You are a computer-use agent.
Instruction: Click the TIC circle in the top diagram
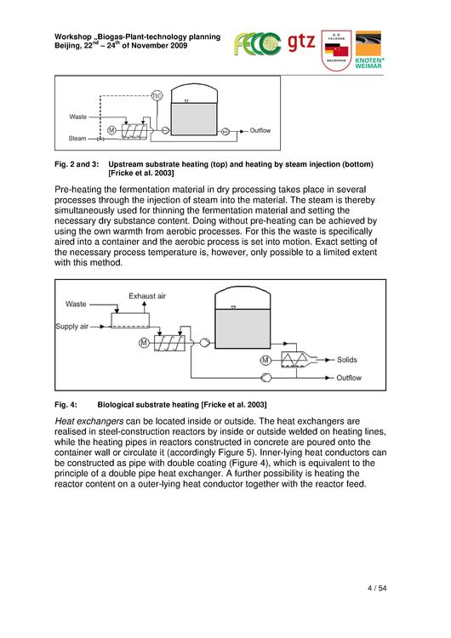point(157,95)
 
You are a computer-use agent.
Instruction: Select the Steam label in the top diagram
point(77,139)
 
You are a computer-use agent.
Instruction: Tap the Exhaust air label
point(147,296)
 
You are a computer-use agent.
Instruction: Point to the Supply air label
point(72,327)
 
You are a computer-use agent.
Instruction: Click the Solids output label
point(347,360)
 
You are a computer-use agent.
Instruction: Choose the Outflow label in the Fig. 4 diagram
point(349,378)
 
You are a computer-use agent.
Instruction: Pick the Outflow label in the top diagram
point(260,130)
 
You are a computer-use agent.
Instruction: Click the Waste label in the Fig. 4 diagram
point(76,304)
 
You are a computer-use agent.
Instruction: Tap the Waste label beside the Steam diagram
point(77,117)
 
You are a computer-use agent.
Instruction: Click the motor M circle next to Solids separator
point(265,360)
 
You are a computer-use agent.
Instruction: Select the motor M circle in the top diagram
point(111,130)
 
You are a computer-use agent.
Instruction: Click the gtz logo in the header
point(301,43)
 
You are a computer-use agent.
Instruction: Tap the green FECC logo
point(257,44)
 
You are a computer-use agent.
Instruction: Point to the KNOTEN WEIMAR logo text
point(369,63)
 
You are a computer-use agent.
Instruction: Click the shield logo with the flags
point(336,50)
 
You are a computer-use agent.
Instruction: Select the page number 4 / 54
point(377,588)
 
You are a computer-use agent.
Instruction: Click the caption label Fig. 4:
point(66,405)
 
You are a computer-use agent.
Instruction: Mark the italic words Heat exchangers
point(89,421)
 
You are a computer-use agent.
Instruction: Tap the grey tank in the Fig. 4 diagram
point(243,328)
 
